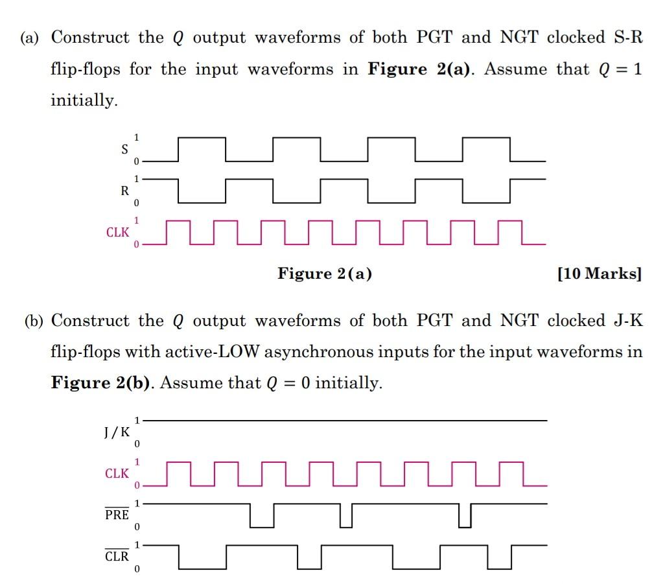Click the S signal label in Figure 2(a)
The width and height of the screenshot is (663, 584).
pos(124,148)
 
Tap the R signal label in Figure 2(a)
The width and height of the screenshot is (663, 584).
pos(124,191)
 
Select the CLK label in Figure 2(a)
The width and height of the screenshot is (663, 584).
pos(117,232)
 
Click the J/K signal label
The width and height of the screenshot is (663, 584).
pos(116,432)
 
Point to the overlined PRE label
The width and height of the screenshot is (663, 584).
pos(117,515)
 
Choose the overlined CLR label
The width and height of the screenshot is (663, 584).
pos(117,556)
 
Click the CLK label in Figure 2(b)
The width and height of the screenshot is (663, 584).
pos(117,473)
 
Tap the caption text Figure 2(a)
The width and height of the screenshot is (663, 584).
pos(325,274)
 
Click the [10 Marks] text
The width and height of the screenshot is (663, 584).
pos(599,274)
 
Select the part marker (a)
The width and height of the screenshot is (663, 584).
pos(30,38)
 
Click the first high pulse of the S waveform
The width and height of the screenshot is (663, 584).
pos(202,139)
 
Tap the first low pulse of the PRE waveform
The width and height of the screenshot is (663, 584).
pos(262,526)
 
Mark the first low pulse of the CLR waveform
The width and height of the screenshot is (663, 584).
pos(202,567)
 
